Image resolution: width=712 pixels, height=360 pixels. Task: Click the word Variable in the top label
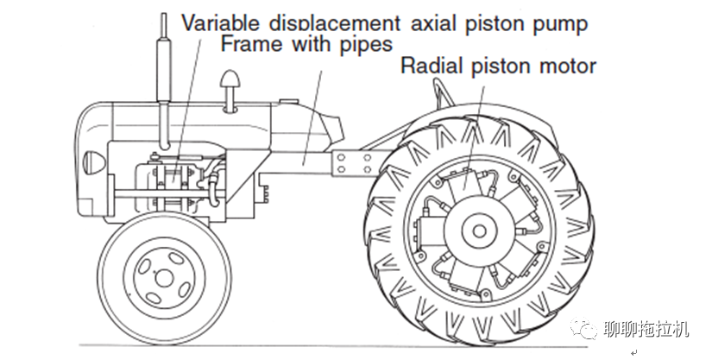220,23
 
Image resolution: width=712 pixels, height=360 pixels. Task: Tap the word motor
568,66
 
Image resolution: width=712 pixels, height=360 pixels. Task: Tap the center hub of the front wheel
164,278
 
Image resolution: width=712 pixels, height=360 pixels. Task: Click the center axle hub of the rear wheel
478,231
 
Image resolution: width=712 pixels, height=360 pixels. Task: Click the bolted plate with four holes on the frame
353,163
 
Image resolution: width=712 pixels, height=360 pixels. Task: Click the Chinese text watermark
646,329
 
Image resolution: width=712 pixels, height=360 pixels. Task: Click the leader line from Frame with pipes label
313,117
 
